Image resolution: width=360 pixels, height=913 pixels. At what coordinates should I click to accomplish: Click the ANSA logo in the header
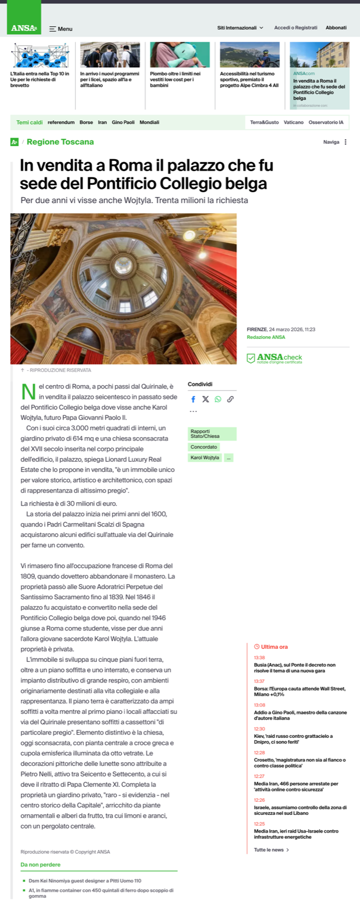[x=24, y=28]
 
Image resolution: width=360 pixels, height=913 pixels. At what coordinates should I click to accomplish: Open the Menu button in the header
[x=60, y=29]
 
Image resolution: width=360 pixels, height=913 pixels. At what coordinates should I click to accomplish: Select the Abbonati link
[x=336, y=27]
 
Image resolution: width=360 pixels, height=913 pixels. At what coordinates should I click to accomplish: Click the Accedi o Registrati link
[x=296, y=27]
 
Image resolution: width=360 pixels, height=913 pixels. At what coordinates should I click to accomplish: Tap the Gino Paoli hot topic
[x=123, y=122]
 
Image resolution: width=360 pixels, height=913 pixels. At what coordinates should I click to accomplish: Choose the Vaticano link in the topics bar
[x=294, y=122]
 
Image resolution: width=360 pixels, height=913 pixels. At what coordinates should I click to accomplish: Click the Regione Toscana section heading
[x=60, y=142]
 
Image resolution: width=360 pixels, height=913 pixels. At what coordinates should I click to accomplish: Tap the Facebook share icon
[x=193, y=399]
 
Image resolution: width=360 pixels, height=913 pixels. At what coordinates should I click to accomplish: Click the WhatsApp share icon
[x=218, y=399]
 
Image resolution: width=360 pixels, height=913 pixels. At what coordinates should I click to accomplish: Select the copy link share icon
[x=230, y=399]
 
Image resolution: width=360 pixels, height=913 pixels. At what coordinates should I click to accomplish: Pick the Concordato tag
[x=204, y=447]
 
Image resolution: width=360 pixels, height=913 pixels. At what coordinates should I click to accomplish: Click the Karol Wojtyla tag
[x=205, y=458]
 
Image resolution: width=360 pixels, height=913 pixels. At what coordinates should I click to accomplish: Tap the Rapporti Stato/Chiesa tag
[x=212, y=434]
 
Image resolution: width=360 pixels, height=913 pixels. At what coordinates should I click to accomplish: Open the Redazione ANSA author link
[x=266, y=337]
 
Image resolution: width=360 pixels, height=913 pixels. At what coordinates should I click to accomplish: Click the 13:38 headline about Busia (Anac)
[x=294, y=668]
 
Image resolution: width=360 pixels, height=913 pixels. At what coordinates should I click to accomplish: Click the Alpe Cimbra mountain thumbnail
[x=249, y=55]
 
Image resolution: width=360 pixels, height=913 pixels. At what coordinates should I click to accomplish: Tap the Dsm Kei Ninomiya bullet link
[x=85, y=880]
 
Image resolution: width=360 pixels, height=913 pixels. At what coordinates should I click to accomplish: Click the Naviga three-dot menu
[x=345, y=142]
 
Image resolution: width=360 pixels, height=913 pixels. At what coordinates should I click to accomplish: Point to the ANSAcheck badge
[x=274, y=358]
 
